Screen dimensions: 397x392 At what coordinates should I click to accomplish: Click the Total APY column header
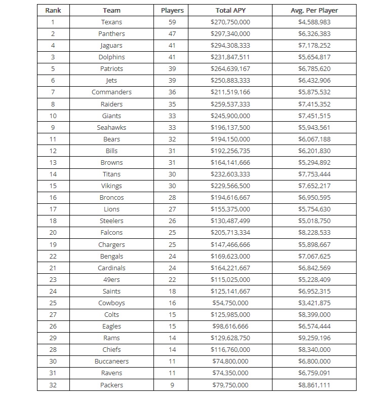230,10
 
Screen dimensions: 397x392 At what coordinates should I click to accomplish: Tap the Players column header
172,10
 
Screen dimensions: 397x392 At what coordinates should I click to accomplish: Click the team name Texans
111,22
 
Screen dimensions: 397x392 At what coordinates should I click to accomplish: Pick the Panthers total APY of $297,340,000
230,34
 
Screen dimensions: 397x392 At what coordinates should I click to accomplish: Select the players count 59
172,22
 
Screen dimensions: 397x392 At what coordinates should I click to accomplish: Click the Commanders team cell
111,92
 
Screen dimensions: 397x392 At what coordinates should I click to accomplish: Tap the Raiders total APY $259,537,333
230,104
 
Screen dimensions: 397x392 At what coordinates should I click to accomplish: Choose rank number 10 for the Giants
53,116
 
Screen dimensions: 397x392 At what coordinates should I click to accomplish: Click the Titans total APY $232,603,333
230,174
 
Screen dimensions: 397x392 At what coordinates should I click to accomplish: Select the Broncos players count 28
172,198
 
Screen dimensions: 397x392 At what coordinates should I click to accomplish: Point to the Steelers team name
111,221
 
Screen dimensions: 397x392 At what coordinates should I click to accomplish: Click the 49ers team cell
111,279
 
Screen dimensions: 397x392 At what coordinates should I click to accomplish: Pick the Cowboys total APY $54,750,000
230,303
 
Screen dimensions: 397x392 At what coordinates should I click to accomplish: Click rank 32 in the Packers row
53,385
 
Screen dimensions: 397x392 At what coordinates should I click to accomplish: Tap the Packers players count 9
172,385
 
